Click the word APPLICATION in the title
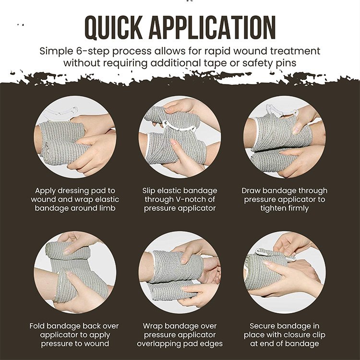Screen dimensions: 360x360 click(x=212, y=28)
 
